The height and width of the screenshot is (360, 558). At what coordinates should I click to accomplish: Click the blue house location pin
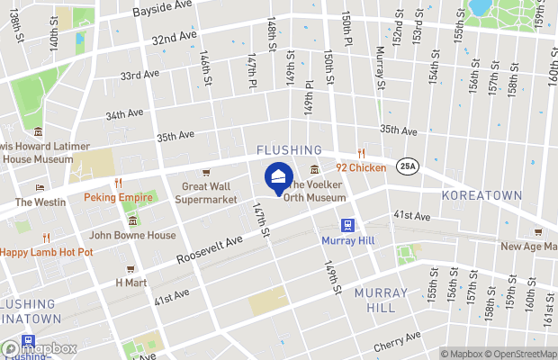(279, 176)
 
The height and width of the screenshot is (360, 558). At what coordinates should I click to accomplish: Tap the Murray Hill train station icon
(346, 225)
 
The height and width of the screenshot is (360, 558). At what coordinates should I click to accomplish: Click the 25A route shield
(407, 166)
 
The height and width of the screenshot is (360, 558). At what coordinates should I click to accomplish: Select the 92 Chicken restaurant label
(361, 167)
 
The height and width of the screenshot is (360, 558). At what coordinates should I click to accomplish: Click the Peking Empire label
(116, 197)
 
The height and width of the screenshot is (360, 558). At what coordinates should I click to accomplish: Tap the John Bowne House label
(132, 236)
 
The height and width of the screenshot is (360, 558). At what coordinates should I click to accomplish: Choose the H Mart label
(130, 282)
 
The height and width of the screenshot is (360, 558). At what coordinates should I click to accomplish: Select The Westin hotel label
(40, 202)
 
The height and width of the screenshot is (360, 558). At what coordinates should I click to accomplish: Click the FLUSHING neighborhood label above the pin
(289, 149)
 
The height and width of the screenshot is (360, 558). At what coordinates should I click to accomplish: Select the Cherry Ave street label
(400, 340)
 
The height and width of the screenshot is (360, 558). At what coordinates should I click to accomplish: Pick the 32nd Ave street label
(174, 39)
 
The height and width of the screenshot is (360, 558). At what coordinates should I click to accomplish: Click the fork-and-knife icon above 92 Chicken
(361, 154)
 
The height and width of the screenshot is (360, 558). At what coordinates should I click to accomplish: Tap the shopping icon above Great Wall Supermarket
(206, 173)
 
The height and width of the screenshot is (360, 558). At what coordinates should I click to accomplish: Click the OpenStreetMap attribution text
(525, 354)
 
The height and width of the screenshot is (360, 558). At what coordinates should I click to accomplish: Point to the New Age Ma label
(528, 247)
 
